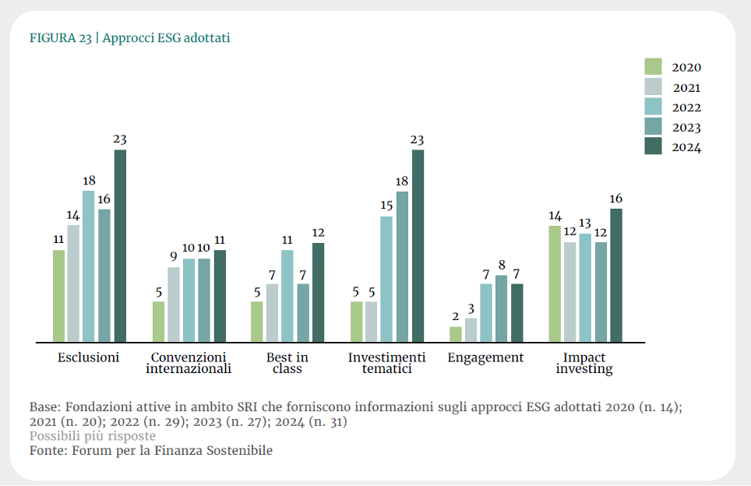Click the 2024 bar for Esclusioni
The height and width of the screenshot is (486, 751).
click(120, 245)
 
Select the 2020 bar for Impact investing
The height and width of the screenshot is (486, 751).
click(555, 283)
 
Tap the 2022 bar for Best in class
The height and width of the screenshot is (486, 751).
click(287, 296)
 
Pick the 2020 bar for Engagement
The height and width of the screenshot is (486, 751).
click(456, 334)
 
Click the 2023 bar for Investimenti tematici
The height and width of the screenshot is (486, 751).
click(402, 266)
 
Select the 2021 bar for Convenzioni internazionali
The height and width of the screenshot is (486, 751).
click(173, 305)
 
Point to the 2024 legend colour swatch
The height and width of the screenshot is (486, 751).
click(653, 146)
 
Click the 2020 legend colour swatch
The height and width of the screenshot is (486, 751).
click(653, 67)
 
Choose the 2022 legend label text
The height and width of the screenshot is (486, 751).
click(686, 107)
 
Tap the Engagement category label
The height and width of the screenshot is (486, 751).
click(485, 357)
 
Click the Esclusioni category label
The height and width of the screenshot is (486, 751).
click(89, 357)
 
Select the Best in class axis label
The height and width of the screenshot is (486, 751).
click(287, 363)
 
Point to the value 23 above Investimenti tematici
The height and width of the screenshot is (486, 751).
click(418, 140)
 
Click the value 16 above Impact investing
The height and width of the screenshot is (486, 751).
click(616, 199)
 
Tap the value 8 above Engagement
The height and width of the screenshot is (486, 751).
click(502, 265)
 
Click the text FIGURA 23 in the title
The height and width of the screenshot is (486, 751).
click(60, 37)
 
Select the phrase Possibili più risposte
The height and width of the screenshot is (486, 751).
click(93, 436)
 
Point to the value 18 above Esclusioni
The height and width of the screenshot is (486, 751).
click(89, 181)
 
